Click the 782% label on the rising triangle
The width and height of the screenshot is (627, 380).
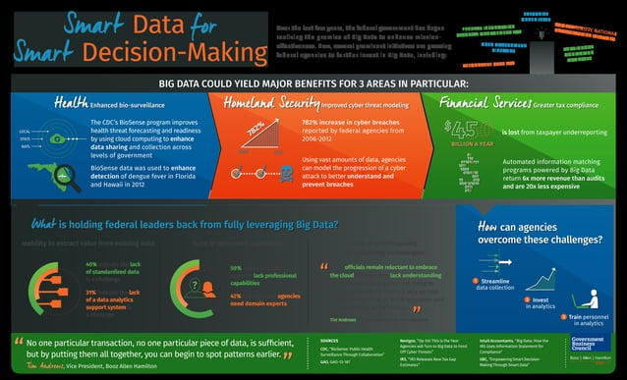coord(255,130)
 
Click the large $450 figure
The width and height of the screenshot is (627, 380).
coord(467,128)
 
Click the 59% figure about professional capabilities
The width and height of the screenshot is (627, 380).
coord(236,267)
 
